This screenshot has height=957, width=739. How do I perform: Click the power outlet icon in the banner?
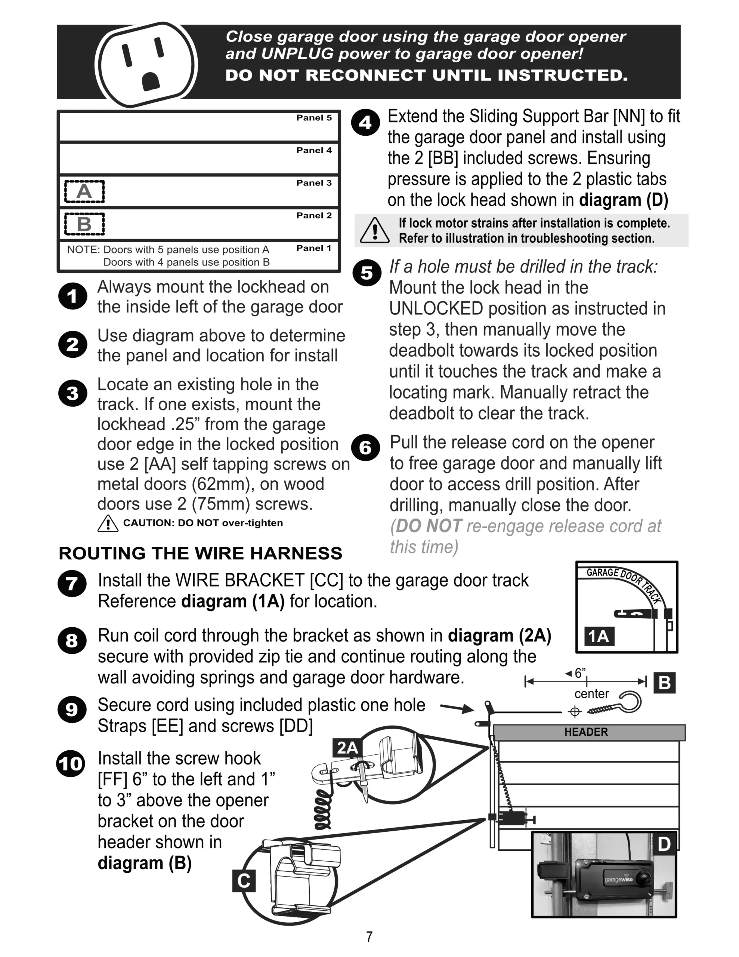(146, 64)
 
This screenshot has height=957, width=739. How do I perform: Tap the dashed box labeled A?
(84, 191)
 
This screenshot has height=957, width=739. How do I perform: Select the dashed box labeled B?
(84, 224)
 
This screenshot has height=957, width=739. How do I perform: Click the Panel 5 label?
(314, 118)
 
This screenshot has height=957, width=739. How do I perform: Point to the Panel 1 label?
(314, 248)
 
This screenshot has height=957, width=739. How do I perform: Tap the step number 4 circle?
(365, 123)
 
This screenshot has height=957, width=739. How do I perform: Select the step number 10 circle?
(71, 764)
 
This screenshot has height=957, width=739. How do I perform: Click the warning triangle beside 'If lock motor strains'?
(374, 231)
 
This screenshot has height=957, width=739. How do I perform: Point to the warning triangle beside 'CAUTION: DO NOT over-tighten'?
(108, 524)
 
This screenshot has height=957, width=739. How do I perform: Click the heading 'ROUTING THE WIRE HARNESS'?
(201, 553)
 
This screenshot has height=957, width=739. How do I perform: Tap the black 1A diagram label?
(599, 636)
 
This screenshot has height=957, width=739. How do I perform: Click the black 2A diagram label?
(347, 748)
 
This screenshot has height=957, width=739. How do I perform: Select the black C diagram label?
(244, 881)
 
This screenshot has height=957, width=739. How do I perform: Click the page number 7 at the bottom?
(369, 936)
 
